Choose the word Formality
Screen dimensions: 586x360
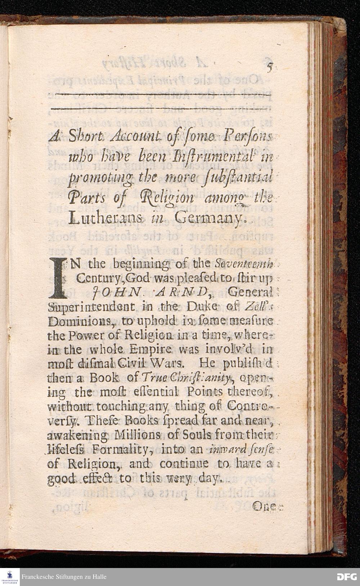click(x=124, y=449)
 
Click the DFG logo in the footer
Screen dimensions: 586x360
click(x=346, y=577)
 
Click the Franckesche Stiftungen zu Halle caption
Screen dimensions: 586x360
click(x=64, y=577)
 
